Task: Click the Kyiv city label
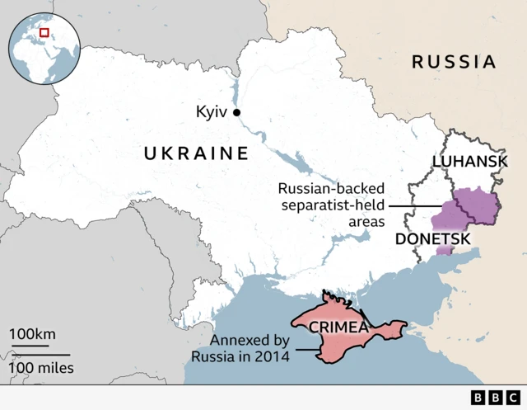click(x=212, y=112)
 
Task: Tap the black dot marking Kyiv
click(x=236, y=112)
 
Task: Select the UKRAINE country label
click(x=196, y=153)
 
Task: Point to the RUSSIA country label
click(x=454, y=62)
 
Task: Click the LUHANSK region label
click(x=469, y=162)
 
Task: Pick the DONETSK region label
click(x=433, y=238)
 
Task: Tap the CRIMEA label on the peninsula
click(x=338, y=328)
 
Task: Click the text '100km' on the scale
click(x=33, y=334)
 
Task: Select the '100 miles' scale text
click(x=42, y=367)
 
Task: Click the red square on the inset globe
click(x=44, y=32)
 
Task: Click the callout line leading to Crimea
click(x=305, y=349)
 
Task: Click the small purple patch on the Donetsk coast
click(x=445, y=249)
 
